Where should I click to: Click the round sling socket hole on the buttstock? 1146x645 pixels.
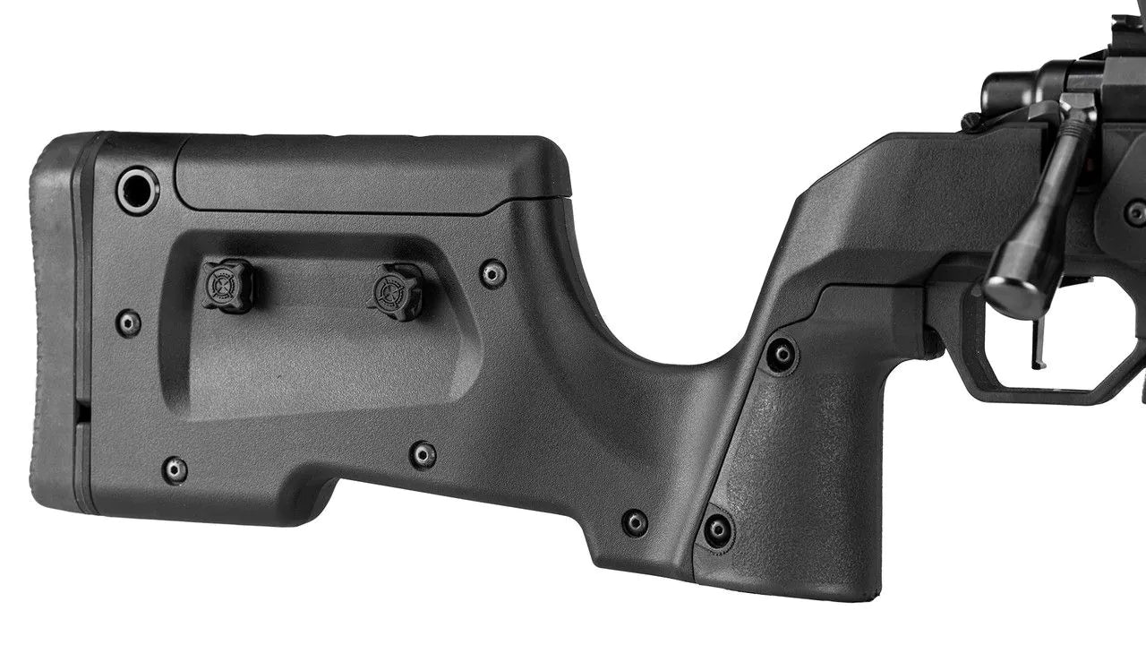click(138, 190)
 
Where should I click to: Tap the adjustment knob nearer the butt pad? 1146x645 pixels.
click(227, 285)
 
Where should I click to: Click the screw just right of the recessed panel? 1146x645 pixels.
click(492, 273)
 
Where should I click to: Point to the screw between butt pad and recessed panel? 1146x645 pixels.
click(128, 322)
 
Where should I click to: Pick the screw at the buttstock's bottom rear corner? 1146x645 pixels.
click(175, 469)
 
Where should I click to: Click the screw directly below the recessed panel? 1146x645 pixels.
click(423, 454)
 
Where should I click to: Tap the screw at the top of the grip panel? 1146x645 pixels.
click(782, 355)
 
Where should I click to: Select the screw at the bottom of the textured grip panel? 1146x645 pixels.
click(717, 529)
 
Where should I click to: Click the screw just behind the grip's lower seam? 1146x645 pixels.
click(635, 522)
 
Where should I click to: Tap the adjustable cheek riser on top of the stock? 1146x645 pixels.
click(372, 175)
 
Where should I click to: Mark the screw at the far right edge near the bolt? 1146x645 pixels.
click(1135, 213)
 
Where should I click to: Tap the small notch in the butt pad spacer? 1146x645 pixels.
click(81, 411)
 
